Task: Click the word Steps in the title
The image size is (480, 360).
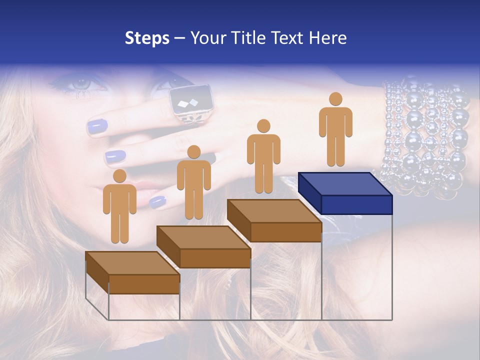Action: (x=147, y=38)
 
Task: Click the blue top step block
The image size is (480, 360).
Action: (x=345, y=192)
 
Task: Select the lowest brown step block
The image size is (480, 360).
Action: (x=132, y=272)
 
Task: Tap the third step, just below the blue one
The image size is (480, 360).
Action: (x=274, y=220)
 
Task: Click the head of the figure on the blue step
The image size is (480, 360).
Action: (x=335, y=99)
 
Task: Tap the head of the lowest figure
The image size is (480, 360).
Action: (x=119, y=176)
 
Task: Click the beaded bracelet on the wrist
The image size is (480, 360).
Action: (x=424, y=135)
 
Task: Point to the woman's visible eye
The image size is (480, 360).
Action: (x=79, y=83)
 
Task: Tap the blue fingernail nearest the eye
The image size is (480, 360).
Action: (x=98, y=127)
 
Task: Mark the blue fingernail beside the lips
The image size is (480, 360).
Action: (x=157, y=201)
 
